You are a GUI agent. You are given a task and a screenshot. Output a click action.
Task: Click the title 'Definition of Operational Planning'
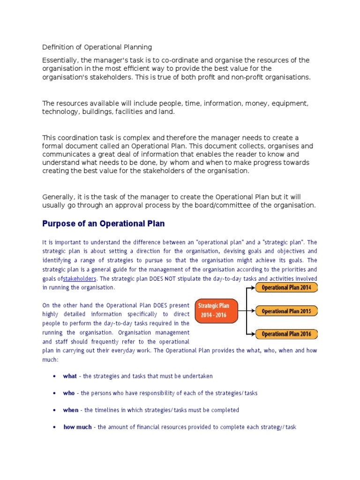pos(97,47)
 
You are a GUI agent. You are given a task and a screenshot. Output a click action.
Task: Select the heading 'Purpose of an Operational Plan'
pos(104,224)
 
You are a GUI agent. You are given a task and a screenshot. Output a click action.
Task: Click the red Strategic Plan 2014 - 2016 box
pos(217,310)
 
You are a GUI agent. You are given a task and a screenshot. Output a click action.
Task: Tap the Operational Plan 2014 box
pos(286,287)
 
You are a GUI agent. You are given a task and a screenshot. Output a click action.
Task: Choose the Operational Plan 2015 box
pos(286,311)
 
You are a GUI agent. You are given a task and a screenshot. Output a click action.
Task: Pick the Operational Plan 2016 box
pos(286,334)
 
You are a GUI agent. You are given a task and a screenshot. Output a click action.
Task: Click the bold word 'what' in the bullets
pos(70,376)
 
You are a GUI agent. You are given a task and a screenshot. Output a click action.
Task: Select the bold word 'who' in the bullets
pos(69,393)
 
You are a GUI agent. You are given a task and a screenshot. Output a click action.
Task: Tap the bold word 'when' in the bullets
pos(71,410)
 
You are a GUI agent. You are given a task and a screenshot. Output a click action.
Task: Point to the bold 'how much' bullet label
pos(77,427)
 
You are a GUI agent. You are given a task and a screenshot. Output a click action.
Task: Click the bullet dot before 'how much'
pos(55,427)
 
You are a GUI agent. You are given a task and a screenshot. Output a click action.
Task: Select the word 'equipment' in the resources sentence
pos(291,103)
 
